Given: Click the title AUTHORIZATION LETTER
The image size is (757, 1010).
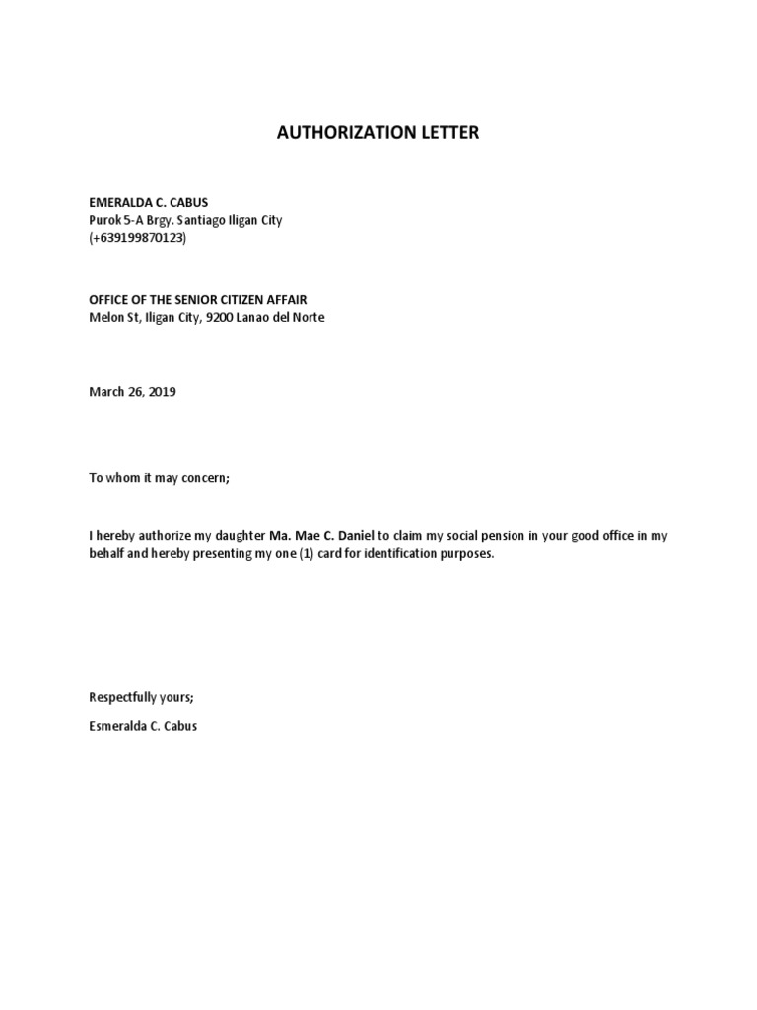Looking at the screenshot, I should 378,132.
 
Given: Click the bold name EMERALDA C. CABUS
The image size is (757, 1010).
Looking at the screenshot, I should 149,202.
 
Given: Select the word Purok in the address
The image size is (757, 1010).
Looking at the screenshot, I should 105,220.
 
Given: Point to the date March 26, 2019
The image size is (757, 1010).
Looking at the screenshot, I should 132,392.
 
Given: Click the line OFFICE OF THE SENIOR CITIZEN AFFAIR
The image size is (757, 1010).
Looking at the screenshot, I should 204,299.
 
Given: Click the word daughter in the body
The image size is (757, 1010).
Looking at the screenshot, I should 239,536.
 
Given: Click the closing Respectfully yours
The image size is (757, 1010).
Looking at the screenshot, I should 142,697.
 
